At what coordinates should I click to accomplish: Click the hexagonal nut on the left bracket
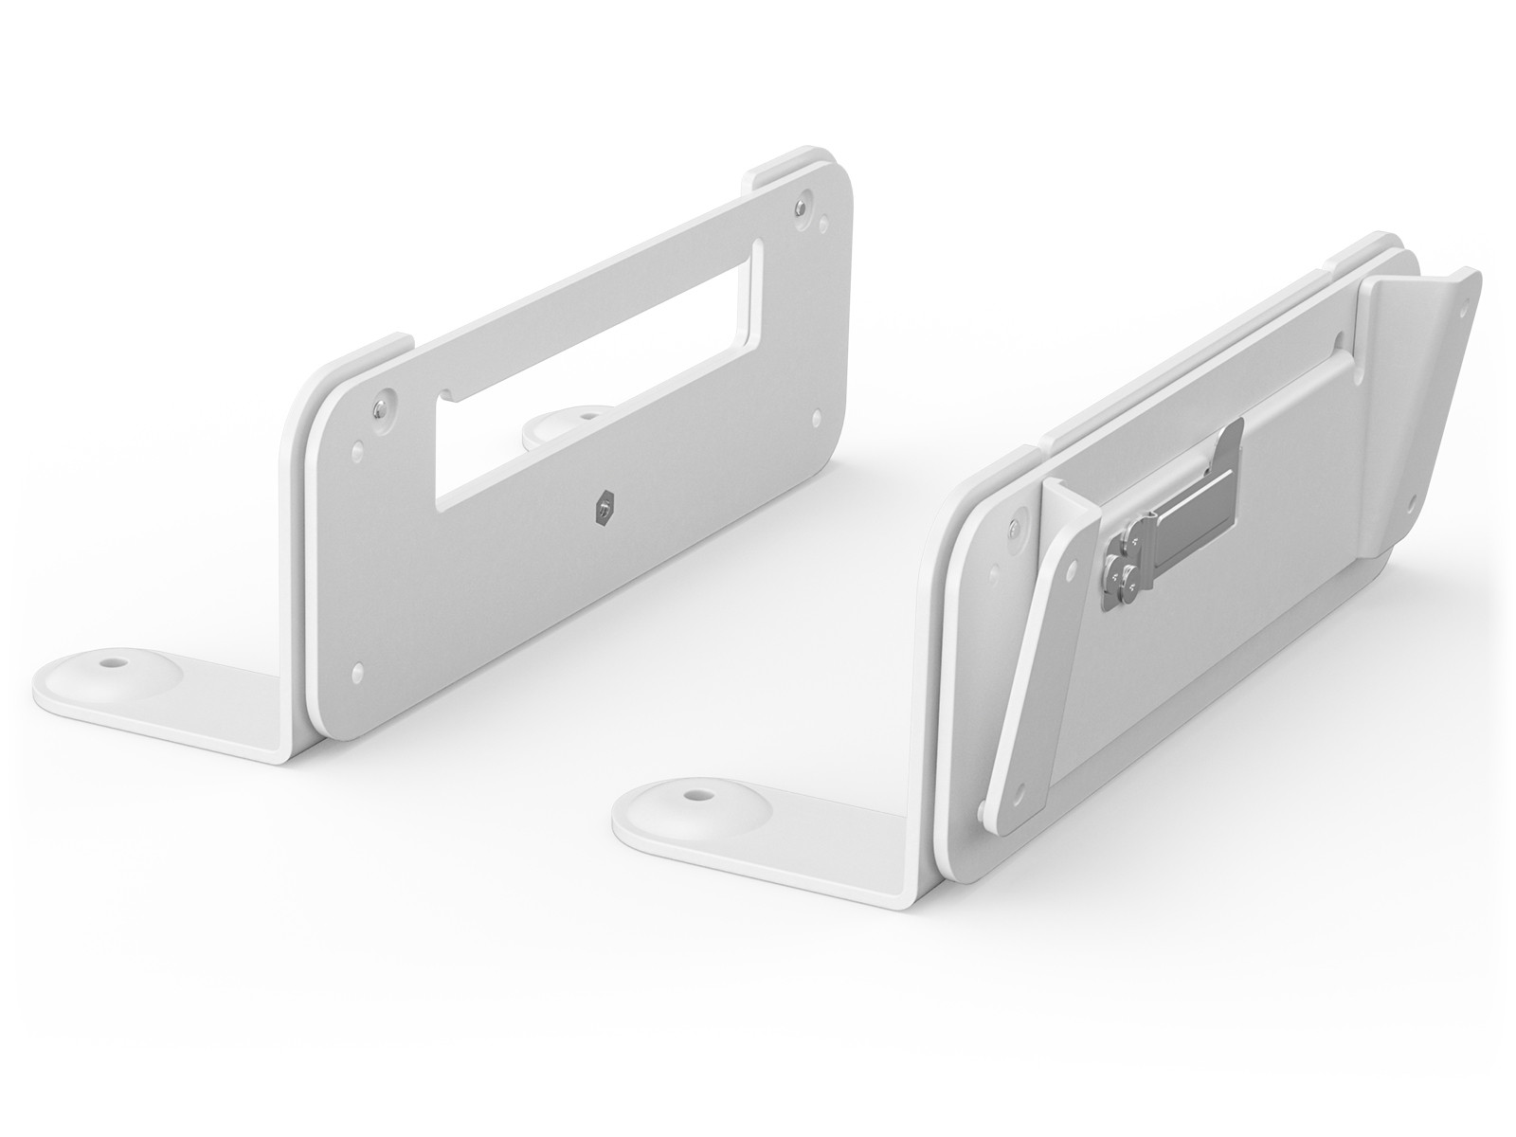point(602,512)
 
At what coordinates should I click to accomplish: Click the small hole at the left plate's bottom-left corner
point(357,672)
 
